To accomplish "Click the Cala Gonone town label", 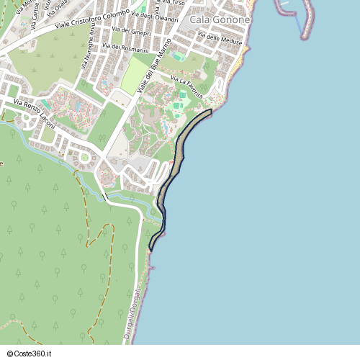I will point(220,20).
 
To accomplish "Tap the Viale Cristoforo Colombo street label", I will point(92,19).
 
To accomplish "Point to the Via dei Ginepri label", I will point(131,32).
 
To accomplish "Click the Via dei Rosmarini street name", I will point(125,48).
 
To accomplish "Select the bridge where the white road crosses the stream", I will point(105,196).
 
